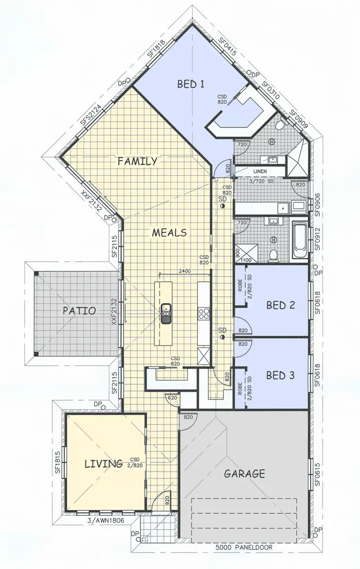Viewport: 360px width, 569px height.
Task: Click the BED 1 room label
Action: (x=191, y=84)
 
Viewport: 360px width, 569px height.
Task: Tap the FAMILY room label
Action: (x=137, y=161)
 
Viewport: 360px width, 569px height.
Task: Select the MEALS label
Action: (x=169, y=233)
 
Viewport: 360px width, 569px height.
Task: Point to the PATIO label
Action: (x=79, y=310)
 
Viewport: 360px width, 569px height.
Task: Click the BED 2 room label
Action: (x=280, y=305)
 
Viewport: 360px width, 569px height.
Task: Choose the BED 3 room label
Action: (x=280, y=375)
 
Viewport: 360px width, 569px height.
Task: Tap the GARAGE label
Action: (x=244, y=474)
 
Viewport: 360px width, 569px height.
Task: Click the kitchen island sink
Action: (x=166, y=313)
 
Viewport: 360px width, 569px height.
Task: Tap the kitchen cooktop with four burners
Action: (x=204, y=314)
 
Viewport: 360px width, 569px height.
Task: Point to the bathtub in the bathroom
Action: (x=300, y=240)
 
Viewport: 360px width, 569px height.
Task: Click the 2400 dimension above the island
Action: (x=184, y=271)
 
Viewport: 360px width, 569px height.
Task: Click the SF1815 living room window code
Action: (x=58, y=461)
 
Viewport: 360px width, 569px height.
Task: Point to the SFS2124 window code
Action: (x=90, y=114)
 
